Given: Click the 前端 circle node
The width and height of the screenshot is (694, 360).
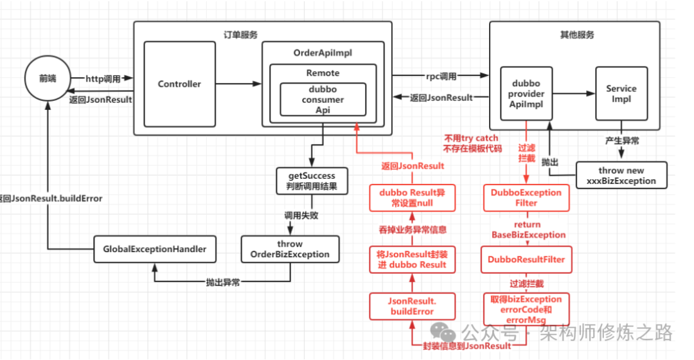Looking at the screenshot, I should [x=48, y=79].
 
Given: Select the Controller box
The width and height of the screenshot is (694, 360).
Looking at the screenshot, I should [x=179, y=84].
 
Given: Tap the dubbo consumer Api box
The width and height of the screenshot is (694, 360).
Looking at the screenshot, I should [x=323, y=100].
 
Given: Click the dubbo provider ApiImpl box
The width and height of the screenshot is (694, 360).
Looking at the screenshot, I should [x=528, y=94].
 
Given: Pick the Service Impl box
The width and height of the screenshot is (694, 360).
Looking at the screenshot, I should [x=621, y=94].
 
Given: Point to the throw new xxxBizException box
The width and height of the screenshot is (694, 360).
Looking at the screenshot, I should [x=621, y=175].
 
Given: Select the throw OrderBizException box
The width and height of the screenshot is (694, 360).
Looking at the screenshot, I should [x=289, y=249].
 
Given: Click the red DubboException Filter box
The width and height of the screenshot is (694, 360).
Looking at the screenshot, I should [x=526, y=197].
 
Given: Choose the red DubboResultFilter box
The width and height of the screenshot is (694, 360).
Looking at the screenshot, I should [x=526, y=259].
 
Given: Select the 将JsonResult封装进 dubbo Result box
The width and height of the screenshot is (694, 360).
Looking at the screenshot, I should [x=411, y=259].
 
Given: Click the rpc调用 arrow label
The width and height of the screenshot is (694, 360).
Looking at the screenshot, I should [x=440, y=76].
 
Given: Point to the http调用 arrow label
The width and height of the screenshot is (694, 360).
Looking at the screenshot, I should [x=103, y=78].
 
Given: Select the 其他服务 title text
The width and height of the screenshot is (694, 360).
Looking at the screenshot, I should [x=577, y=35].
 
